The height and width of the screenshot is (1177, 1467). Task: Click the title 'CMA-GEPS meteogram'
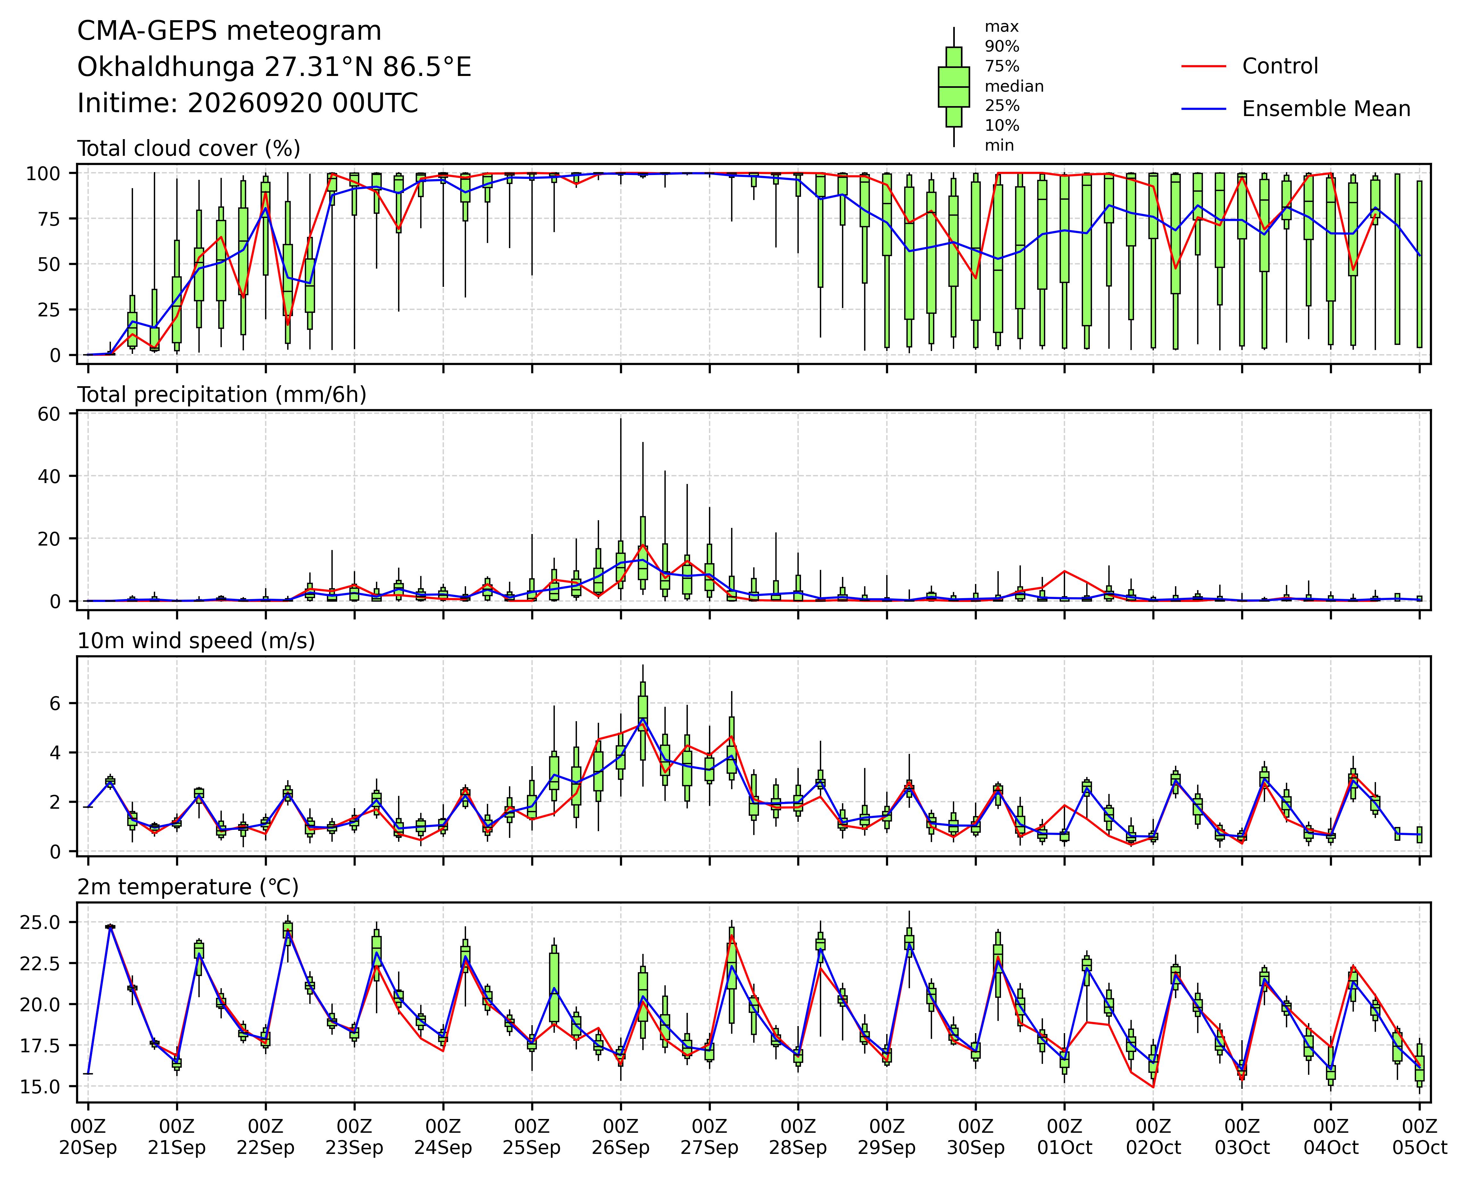(x=229, y=31)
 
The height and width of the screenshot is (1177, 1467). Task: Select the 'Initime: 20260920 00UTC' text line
(x=248, y=104)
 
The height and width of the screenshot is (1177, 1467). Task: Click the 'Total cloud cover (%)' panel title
(x=188, y=148)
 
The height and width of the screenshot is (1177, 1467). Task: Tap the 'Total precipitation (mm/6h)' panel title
(x=222, y=395)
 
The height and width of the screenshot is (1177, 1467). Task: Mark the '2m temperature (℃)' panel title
(x=188, y=887)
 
